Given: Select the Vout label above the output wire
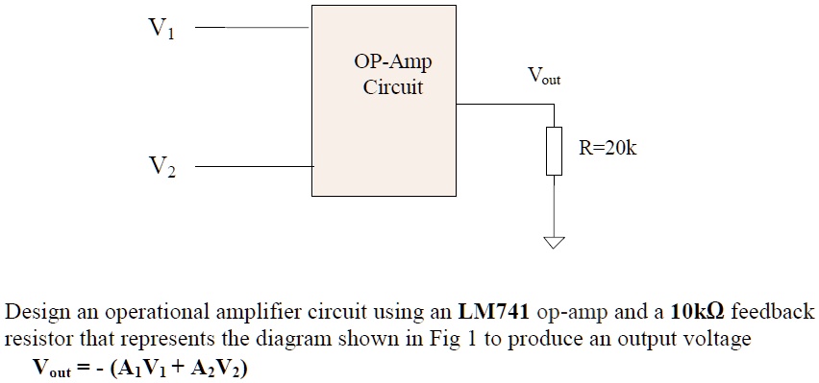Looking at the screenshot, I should pos(543,76).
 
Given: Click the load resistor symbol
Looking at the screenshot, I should pos(554,151).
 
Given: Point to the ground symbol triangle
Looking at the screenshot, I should pos(554,243).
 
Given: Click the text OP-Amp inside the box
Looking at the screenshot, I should pos(392,62).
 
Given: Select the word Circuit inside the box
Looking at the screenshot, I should pos(392,87).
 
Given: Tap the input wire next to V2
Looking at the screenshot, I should pos(255,167).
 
